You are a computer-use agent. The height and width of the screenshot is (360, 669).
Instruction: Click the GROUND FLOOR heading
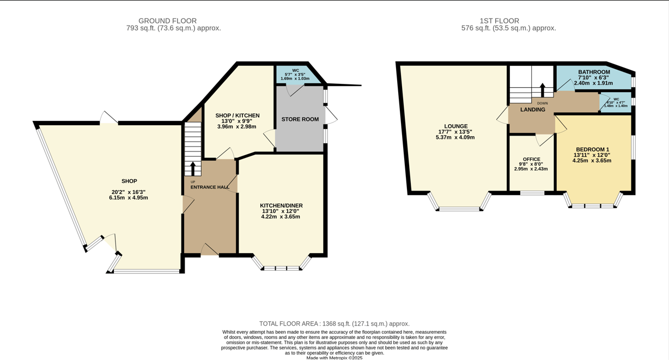167,21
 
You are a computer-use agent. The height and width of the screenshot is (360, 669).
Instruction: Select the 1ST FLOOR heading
500,21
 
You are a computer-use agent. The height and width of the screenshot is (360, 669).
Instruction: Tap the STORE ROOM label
300,119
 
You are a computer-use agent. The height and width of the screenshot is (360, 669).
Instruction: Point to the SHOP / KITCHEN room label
238,115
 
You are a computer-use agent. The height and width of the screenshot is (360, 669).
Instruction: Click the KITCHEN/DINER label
281,206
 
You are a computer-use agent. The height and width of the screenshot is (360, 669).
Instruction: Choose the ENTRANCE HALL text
210,187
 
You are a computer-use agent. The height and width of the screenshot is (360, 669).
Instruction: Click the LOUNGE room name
456,126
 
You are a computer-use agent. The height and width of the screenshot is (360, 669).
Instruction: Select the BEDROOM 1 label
593,150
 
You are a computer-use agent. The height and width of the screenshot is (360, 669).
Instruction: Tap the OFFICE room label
532,159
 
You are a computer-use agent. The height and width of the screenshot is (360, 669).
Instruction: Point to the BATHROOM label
594,72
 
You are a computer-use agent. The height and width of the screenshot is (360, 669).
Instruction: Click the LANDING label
533,109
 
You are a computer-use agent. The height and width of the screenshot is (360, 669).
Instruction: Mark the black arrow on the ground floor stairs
193,169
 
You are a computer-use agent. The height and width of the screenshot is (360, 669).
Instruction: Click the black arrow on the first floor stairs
543,90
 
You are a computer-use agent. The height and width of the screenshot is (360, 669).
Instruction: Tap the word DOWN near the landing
543,103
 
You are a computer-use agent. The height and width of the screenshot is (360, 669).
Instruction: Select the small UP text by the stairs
193,182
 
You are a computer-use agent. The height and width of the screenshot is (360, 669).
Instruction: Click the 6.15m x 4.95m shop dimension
129,198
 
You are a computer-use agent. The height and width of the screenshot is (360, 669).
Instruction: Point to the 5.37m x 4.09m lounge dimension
455,137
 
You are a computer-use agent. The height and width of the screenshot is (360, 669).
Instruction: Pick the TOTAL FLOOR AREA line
334,324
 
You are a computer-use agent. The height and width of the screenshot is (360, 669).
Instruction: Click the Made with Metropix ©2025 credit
334,358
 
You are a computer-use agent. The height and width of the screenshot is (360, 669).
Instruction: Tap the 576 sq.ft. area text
509,28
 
